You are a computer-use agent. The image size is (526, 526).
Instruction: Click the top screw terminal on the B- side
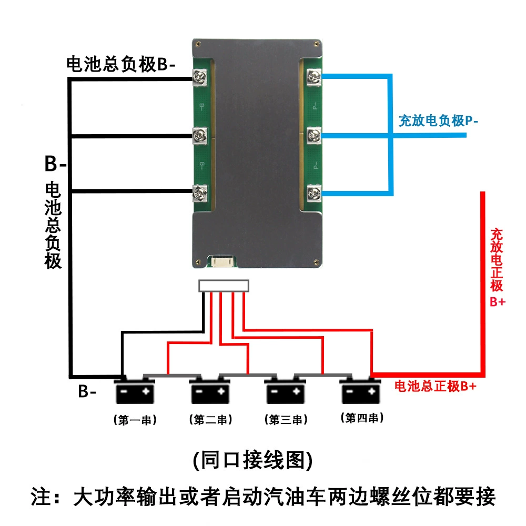click(x=199, y=78)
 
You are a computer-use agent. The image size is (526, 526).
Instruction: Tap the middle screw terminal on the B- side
click(x=199, y=136)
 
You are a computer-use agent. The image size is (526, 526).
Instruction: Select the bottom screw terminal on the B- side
click(x=199, y=193)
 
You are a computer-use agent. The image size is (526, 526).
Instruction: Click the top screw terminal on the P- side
click(x=315, y=77)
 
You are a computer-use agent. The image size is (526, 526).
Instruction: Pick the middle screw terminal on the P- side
click(x=315, y=135)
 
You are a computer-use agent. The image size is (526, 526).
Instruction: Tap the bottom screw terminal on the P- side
click(x=315, y=193)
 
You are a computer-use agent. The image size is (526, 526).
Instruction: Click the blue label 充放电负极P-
click(x=439, y=121)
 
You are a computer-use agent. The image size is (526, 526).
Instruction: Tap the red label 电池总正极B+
click(x=436, y=386)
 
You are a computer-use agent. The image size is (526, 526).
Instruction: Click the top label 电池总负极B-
click(x=121, y=64)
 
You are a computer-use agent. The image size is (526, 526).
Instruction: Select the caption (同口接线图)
click(x=253, y=460)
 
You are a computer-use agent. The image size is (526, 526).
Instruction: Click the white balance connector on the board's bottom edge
click(x=222, y=261)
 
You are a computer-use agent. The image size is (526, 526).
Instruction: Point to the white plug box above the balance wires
click(x=224, y=286)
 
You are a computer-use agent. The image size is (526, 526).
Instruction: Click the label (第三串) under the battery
click(x=286, y=420)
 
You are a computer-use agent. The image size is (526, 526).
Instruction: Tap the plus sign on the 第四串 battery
click(x=371, y=391)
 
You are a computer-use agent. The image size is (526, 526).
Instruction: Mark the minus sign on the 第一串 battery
click(x=124, y=391)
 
